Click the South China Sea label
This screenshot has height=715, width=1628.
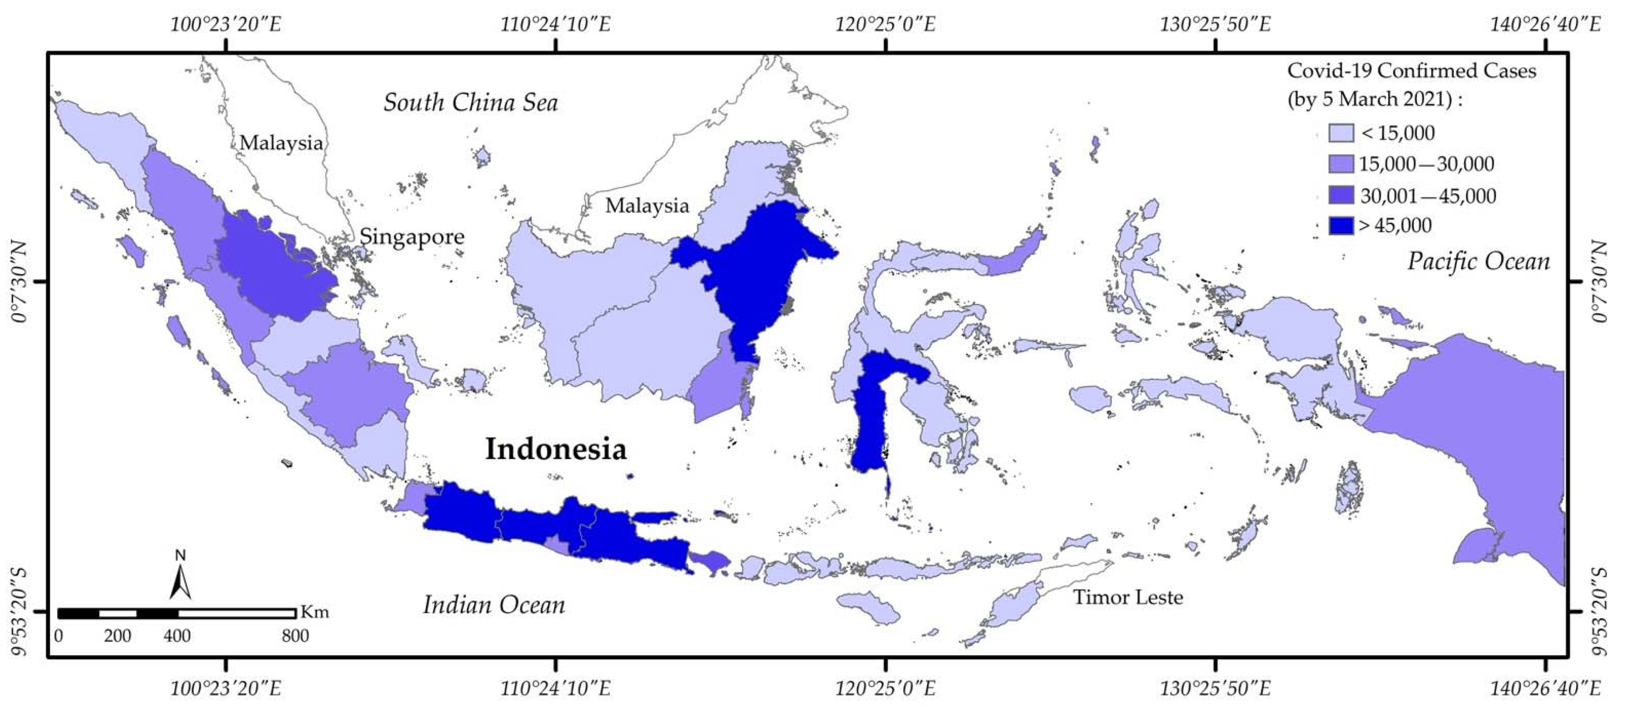tap(471, 102)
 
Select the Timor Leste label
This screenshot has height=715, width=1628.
tap(1128, 597)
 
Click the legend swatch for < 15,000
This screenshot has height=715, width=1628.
tap(1341, 133)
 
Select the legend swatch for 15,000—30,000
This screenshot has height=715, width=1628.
tap(1341, 165)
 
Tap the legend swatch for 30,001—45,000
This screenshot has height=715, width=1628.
tap(1341, 195)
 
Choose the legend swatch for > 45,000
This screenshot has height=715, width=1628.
tap(1341, 226)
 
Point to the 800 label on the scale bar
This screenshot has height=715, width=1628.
tap(295, 636)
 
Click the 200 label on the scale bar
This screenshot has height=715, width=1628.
tap(117, 636)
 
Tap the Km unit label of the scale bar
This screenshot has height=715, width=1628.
tap(314, 612)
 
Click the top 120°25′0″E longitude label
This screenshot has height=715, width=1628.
tap(885, 24)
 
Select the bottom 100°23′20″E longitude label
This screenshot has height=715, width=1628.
tap(226, 688)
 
